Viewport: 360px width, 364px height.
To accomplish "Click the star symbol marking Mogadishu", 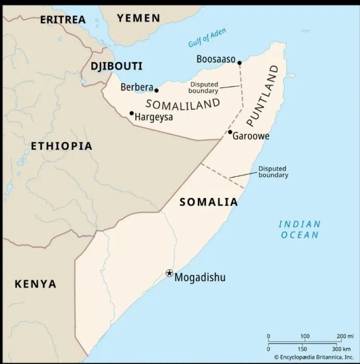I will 169,273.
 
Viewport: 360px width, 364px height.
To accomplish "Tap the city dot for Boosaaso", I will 239,63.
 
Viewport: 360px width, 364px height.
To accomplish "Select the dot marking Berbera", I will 156,90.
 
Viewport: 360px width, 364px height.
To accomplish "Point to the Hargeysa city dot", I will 132,113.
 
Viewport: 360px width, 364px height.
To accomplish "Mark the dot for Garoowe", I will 230,132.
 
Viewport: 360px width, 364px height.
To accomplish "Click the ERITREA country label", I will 62,19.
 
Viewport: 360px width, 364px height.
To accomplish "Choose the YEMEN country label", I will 138,18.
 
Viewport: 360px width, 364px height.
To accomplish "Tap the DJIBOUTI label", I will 116,66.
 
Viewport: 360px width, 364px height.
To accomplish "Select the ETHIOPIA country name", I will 61,146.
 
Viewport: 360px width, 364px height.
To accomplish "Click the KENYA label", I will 35,284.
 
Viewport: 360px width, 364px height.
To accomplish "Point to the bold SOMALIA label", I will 209,202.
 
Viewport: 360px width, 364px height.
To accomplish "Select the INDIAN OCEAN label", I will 300,229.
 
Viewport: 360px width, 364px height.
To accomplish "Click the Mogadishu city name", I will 200,277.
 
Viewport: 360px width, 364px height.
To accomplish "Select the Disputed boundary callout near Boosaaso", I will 204,87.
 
